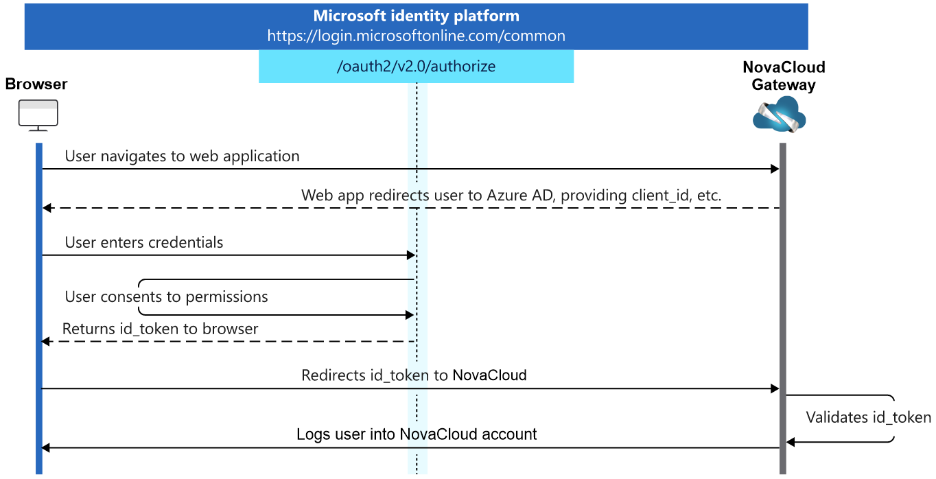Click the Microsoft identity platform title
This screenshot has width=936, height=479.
[416, 16]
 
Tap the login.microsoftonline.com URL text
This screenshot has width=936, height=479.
[416, 36]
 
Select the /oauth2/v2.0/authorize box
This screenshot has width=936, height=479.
[416, 67]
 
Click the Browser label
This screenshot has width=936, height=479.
[36, 84]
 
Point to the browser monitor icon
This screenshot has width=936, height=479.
[38, 115]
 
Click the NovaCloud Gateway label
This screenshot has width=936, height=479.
[784, 75]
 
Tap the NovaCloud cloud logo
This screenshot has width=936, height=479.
[780, 114]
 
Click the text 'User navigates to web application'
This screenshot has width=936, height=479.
[182, 156]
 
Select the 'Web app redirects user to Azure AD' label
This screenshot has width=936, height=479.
[511, 195]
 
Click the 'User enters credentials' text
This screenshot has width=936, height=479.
[144, 242]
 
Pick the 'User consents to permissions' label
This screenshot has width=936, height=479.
[166, 296]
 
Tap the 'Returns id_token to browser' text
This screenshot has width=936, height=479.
[160, 329]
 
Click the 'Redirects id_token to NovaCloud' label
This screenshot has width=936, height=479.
[414, 375]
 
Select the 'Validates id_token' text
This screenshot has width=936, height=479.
[868, 417]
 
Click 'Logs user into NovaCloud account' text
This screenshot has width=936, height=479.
[417, 434]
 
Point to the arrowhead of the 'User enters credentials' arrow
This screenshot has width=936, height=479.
[411, 255]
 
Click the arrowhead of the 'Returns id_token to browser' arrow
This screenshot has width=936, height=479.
[46, 342]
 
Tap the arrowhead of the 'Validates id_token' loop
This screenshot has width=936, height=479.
[790, 442]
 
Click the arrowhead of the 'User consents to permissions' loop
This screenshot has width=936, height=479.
[410, 315]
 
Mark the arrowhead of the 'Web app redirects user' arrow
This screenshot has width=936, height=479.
[47, 208]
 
